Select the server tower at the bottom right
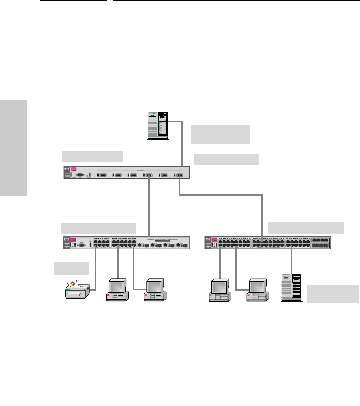[x=291, y=288]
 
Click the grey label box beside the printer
[x=71, y=268]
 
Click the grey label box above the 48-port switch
[x=306, y=227]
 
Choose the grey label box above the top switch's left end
[x=93, y=156]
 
